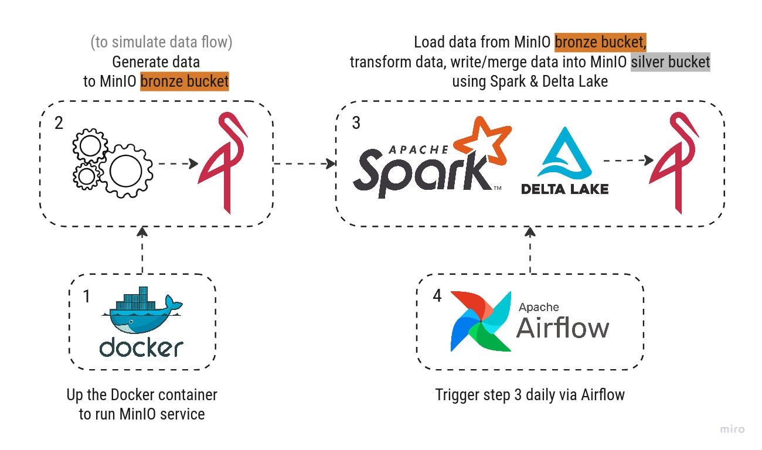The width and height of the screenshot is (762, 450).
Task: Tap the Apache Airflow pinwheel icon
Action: (x=481, y=321)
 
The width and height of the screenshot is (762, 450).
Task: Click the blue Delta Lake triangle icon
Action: (x=564, y=152)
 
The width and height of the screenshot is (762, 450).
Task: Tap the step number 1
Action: (x=87, y=296)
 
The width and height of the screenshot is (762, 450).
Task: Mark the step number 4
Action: (x=437, y=295)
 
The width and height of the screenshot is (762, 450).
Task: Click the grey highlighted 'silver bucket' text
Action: (x=671, y=62)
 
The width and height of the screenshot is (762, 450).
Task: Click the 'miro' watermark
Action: (x=732, y=429)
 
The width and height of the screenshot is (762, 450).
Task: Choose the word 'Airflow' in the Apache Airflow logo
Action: (x=562, y=328)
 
